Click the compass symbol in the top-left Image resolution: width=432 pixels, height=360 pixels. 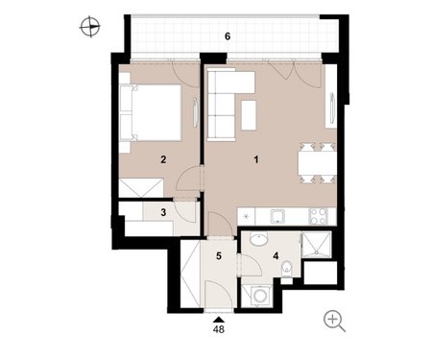click(90, 27)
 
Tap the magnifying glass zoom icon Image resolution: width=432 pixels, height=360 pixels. click(334, 322)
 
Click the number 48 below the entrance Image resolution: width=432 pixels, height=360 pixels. click(219, 329)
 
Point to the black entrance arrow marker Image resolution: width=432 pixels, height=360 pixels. click(219, 319)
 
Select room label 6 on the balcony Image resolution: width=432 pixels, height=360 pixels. click(228, 36)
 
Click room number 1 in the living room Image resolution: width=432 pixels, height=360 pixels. click(256, 159)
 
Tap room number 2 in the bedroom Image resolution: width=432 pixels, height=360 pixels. click(163, 159)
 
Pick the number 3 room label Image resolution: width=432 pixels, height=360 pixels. click(163, 212)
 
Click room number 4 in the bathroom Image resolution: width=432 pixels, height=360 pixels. click(276, 256)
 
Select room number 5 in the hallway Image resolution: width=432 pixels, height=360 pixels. click(219, 256)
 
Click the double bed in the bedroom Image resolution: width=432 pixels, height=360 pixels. click(150, 112)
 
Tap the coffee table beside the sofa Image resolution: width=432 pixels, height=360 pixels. click(249, 115)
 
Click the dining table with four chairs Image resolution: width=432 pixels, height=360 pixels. click(317, 163)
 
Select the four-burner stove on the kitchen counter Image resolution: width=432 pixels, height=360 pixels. click(318, 216)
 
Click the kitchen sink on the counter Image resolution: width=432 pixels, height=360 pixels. click(278, 216)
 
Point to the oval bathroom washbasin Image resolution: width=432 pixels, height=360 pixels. click(258, 239)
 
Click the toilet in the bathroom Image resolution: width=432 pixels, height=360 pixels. click(287, 267)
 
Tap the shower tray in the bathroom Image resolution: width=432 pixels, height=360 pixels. click(316, 245)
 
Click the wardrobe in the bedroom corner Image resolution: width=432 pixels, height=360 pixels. click(141, 188)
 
